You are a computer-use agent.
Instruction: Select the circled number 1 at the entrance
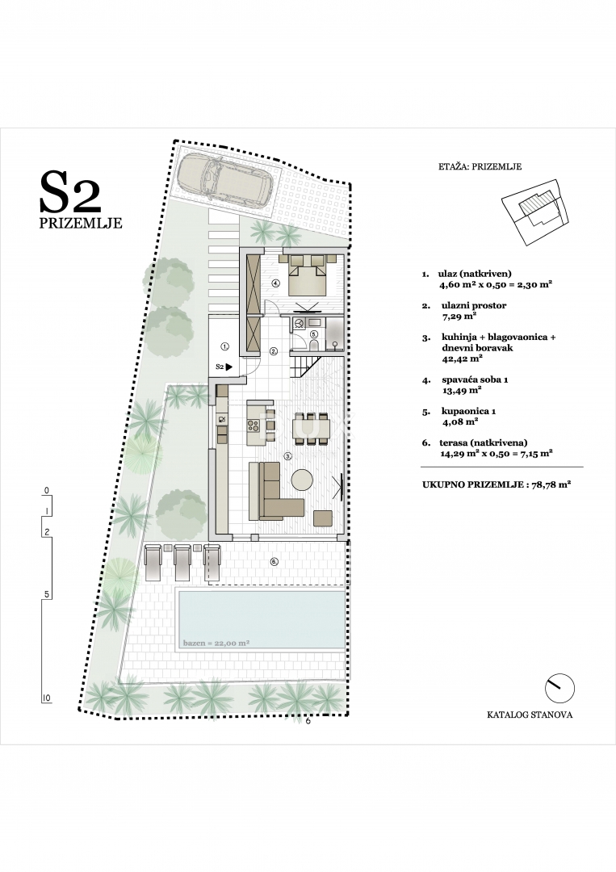(225, 346)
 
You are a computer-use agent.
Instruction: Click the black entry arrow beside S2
(230, 367)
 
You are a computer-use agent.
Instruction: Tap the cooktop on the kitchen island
(254, 422)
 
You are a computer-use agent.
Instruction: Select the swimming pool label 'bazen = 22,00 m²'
(216, 644)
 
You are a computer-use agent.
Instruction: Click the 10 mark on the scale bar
(47, 698)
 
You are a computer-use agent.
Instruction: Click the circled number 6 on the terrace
(274, 561)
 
